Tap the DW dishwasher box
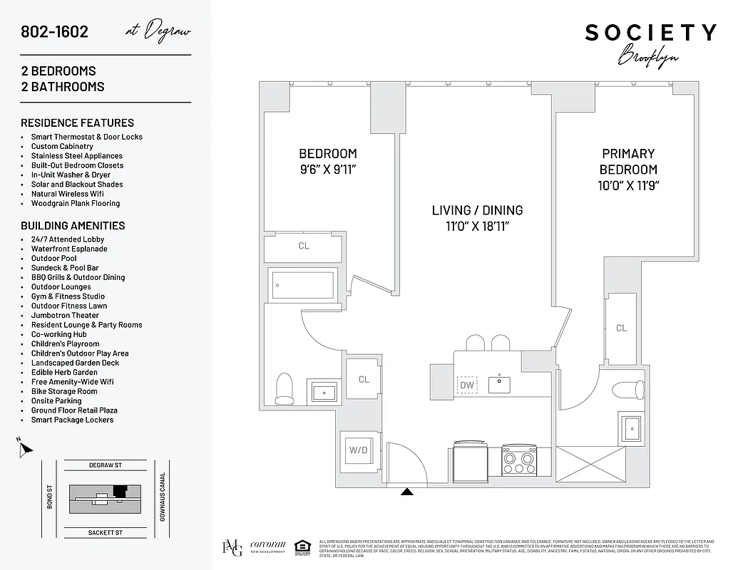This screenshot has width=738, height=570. (467, 385)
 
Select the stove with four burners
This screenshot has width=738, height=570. (519, 459)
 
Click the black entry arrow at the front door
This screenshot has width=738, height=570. (407, 492)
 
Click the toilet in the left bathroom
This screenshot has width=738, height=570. (285, 388)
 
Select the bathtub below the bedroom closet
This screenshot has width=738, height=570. (304, 285)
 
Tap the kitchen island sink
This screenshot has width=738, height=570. (499, 385)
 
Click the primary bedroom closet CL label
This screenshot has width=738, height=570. (622, 328)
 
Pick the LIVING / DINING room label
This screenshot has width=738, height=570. (477, 210)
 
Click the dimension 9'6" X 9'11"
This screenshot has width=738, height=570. (327, 170)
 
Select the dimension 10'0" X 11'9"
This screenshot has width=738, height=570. (628, 186)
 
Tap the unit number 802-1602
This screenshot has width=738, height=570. (55, 32)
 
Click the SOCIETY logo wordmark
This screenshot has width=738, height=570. (650, 33)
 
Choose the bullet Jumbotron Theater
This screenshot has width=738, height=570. (65, 315)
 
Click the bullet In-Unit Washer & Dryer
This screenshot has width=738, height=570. (71, 175)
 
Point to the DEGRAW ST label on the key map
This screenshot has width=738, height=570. (106, 465)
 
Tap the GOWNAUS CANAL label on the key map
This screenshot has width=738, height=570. (163, 498)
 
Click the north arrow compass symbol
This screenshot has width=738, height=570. (25, 448)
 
